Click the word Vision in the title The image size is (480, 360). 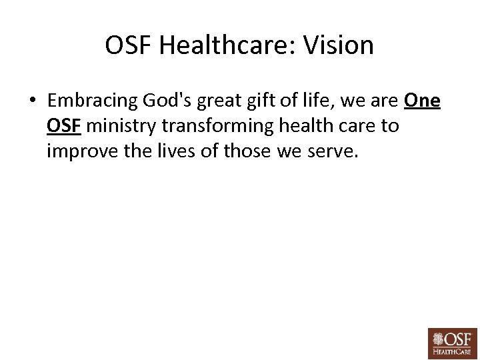pos(339,45)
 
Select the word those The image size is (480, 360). pos(247,151)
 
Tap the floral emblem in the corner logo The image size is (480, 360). pos(439,338)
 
